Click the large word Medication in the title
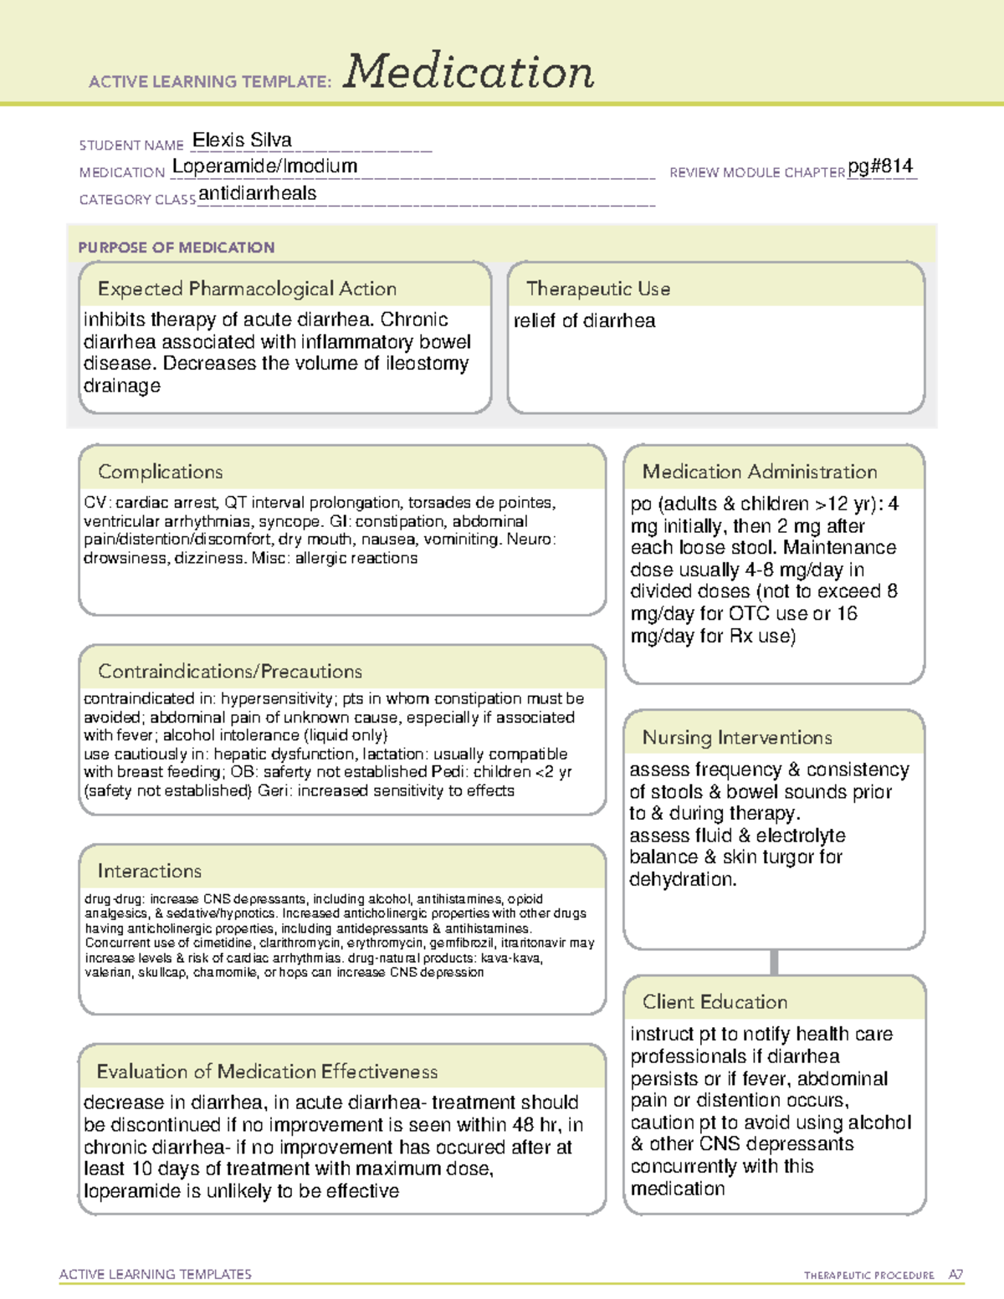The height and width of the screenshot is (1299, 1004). pyautogui.click(x=469, y=72)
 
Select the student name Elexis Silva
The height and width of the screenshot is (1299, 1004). pyautogui.click(x=242, y=141)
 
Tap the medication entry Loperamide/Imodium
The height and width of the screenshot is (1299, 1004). pyautogui.click(x=264, y=166)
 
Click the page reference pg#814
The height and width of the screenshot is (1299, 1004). pyautogui.click(x=880, y=166)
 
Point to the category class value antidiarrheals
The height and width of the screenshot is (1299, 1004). pyautogui.click(x=258, y=194)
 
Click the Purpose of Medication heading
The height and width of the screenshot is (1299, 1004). pyautogui.click(x=176, y=248)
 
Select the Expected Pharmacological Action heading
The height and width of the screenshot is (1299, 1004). pyautogui.click(x=247, y=289)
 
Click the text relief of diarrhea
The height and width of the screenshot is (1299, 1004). pyautogui.click(x=584, y=321)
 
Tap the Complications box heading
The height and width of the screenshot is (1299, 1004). pyautogui.click(x=160, y=472)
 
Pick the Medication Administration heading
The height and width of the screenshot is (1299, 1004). pyautogui.click(x=759, y=472)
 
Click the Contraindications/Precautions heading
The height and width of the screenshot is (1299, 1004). pyautogui.click(x=229, y=672)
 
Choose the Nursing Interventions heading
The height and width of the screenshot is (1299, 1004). pyautogui.click(x=736, y=738)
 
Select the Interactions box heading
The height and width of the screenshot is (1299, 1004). pyautogui.click(x=149, y=872)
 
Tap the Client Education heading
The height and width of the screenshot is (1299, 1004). pyautogui.click(x=715, y=1002)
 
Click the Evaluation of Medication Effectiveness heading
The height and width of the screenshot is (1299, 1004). pyautogui.click(x=267, y=1071)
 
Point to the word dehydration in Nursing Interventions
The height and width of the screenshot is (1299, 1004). pyautogui.click(x=681, y=880)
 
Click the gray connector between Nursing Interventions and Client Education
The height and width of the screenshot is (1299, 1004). pyautogui.click(x=774, y=962)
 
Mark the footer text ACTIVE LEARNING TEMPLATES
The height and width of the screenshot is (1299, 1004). pyautogui.click(x=155, y=1274)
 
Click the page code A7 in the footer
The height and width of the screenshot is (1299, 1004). pyautogui.click(x=955, y=1275)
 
